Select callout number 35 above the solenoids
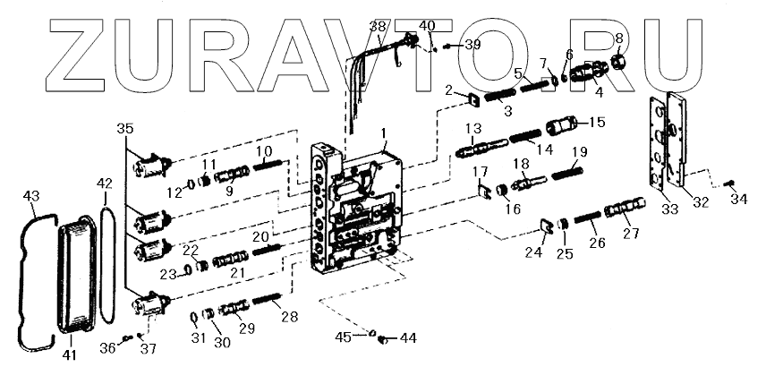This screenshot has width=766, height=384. tap(125, 129)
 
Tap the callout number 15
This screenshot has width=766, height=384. tap(597, 122)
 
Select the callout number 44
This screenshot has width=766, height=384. tap(408, 338)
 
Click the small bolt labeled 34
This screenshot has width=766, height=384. tap(730, 183)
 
